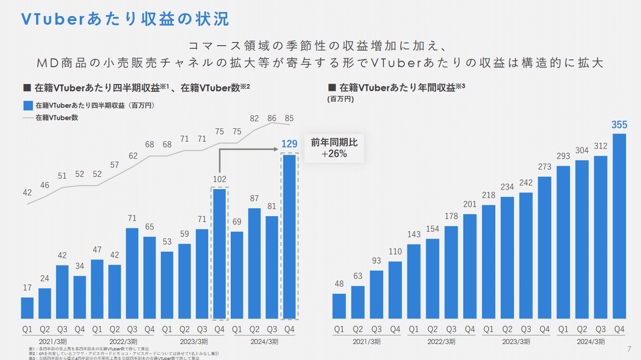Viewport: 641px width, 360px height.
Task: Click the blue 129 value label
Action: point(289,143)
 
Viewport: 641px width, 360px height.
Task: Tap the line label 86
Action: point(272,118)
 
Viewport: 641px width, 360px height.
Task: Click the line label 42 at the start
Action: point(27,193)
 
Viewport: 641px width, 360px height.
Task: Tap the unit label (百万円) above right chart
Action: point(340,99)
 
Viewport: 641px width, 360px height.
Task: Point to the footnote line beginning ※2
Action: point(123,354)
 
